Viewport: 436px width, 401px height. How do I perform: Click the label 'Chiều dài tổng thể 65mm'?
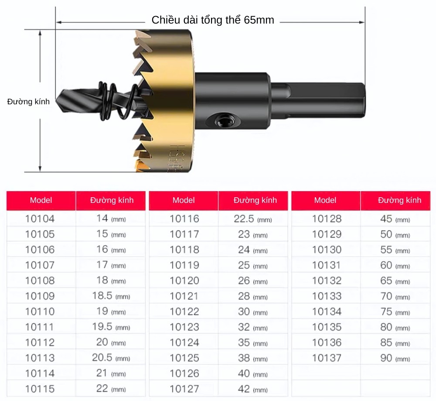(213, 20)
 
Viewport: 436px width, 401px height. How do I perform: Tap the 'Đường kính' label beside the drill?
(28, 102)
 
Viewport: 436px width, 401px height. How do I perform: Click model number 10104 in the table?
(40, 219)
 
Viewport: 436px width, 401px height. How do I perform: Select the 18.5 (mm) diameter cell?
(111, 296)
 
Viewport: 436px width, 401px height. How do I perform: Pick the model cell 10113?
(40, 358)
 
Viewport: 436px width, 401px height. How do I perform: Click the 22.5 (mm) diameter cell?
(252, 219)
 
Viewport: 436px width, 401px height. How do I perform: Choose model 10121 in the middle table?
(184, 296)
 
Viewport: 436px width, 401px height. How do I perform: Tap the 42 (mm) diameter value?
(252, 389)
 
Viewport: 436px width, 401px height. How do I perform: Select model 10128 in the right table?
(327, 219)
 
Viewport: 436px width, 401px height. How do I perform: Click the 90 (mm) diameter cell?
(395, 358)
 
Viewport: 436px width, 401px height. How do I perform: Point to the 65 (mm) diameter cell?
(395, 281)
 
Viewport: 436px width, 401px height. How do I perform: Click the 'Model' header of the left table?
(41, 200)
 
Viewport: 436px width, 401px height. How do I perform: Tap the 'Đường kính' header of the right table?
(399, 200)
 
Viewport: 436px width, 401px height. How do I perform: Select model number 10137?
(327, 358)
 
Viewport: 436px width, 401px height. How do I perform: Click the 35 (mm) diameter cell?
(252, 343)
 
